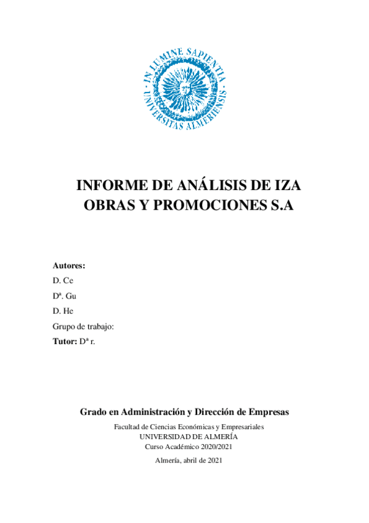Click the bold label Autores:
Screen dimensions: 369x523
pos(69,266)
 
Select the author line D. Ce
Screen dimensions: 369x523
pos(63,281)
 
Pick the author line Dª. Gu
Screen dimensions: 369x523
pos(65,296)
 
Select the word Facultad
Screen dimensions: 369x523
pos(127,427)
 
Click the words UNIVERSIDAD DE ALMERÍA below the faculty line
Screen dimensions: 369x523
pos(184,437)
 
